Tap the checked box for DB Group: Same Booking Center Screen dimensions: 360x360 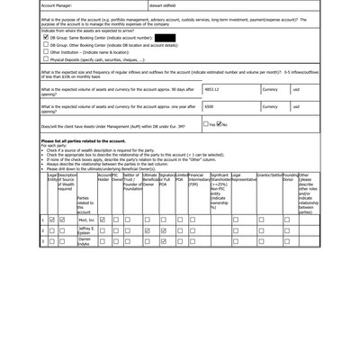[x=46, y=38]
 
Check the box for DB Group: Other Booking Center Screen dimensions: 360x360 [x=46, y=45]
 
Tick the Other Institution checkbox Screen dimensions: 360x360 [x=46, y=52]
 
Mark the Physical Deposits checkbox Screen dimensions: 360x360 [x=46, y=60]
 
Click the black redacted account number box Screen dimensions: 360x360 [x=165, y=38]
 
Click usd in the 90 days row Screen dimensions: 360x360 [x=296, y=90]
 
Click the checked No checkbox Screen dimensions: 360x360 [x=220, y=125]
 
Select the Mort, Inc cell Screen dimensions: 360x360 [x=85, y=219]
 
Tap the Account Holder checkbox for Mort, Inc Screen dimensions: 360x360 [x=103, y=219]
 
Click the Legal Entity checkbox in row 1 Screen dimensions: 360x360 [x=51, y=219]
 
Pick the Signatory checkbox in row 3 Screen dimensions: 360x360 [x=164, y=241]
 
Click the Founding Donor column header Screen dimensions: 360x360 [x=288, y=177]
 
